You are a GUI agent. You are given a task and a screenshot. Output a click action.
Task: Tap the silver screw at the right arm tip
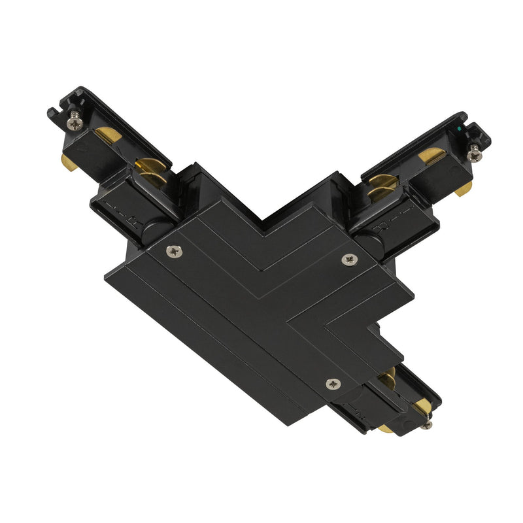click(473, 154)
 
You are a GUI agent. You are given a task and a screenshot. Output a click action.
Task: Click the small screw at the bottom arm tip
click(426, 426)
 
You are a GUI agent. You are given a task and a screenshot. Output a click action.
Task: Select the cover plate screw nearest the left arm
click(173, 250)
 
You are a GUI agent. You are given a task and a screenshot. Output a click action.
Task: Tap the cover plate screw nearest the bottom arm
click(333, 384)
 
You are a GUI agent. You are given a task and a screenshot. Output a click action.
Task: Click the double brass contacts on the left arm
click(149, 172)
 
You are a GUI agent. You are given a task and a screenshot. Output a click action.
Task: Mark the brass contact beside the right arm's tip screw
click(431, 156)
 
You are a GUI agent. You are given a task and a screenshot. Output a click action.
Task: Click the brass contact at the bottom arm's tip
click(422, 407)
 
